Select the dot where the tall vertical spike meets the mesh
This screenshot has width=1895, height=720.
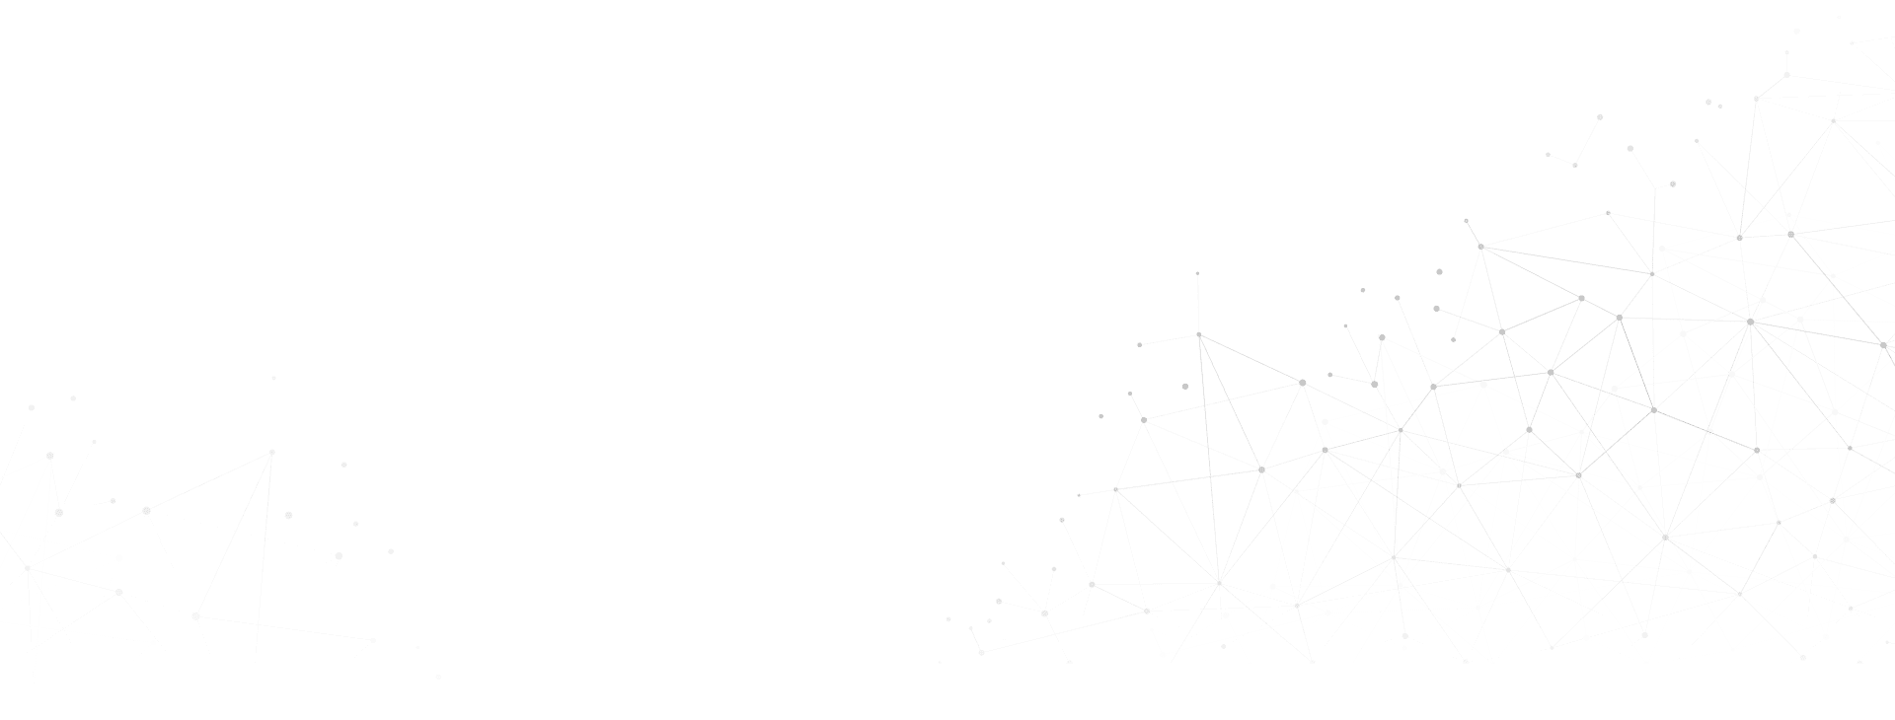1199,335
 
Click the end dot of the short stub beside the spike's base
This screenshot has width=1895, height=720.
1139,345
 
